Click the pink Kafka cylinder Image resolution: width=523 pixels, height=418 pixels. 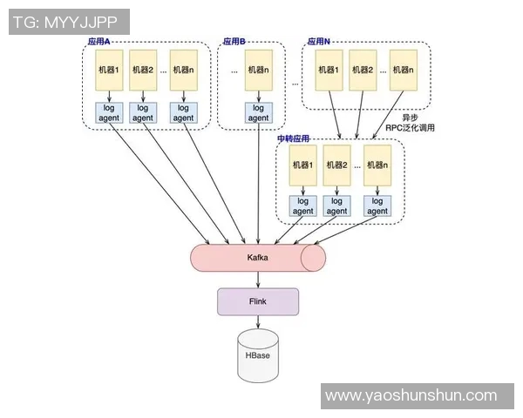(x=257, y=258)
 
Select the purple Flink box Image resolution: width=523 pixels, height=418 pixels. (x=257, y=301)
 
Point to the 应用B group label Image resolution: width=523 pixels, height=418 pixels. (x=234, y=41)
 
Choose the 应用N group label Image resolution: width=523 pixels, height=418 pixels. (x=319, y=41)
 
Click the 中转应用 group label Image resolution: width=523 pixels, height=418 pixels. (x=294, y=139)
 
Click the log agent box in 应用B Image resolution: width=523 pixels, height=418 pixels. (x=258, y=113)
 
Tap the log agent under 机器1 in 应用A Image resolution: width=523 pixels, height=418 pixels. (x=111, y=113)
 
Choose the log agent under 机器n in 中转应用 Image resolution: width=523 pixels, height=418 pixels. (x=377, y=206)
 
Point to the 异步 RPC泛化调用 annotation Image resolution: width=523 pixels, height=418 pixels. (x=410, y=123)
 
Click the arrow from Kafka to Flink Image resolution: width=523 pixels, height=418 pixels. (x=258, y=279)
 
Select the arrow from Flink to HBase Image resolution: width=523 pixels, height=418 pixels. (x=258, y=322)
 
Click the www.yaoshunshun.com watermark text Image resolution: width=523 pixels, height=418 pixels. (x=411, y=396)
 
